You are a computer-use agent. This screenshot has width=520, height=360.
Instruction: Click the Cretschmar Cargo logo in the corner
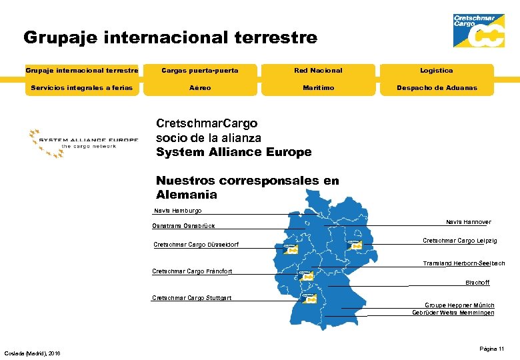(479, 30)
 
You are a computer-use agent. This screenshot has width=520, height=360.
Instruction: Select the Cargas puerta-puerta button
(200, 70)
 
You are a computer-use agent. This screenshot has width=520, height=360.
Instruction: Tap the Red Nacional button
(318, 70)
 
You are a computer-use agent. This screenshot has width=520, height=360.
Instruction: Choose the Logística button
(437, 70)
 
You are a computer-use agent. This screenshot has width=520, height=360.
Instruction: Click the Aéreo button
(200, 87)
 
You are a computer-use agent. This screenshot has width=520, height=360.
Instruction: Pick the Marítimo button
(318, 87)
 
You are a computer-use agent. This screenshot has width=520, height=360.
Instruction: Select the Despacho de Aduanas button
(437, 87)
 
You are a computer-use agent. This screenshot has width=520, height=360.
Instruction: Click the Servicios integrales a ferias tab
(82, 87)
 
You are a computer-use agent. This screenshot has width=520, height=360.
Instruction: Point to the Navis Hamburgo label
(177, 211)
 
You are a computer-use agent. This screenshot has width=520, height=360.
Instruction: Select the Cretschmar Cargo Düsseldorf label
(196, 245)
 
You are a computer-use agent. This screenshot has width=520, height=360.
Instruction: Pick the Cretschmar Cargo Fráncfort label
(192, 271)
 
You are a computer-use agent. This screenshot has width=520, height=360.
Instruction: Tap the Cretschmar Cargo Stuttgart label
(192, 298)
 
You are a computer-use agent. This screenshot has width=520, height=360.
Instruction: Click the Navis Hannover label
(468, 222)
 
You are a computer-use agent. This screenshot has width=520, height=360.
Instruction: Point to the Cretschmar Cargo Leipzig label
(459, 241)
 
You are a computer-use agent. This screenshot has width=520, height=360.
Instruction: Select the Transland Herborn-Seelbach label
(463, 263)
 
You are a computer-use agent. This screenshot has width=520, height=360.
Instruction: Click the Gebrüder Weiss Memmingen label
(453, 313)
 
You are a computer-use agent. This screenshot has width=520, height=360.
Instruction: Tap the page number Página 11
(491, 349)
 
